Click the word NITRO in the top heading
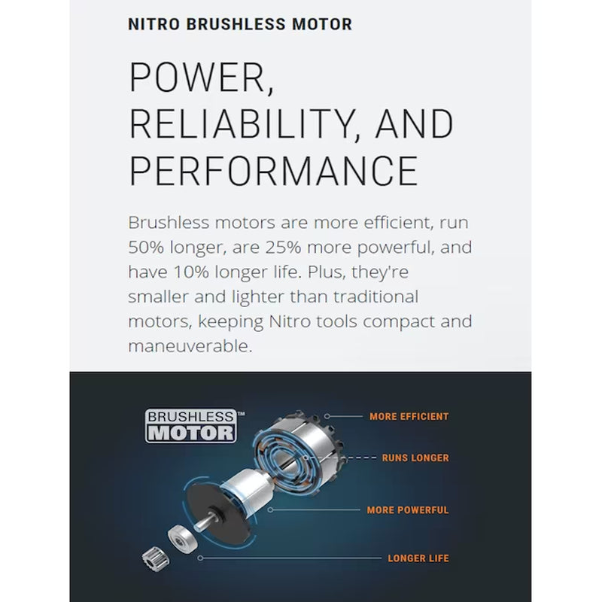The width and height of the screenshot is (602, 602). click(x=154, y=24)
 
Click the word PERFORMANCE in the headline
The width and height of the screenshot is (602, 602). click(x=274, y=171)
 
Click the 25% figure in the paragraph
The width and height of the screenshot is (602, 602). click(x=284, y=248)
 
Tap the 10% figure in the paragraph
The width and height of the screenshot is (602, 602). click(x=191, y=272)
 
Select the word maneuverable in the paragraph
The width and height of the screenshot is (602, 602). click(x=190, y=346)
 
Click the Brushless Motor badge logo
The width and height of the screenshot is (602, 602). click(x=191, y=425)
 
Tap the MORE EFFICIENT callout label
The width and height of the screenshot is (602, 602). click(x=409, y=417)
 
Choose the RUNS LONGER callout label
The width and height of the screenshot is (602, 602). click(x=415, y=458)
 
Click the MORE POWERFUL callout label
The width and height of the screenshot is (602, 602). click(x=408, y=510)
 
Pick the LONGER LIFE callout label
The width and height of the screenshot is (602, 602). click(x=418, y=558)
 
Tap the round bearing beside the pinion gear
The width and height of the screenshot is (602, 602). click(x=183, y=538)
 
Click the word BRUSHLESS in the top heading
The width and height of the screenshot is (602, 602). click(x=236, y=24)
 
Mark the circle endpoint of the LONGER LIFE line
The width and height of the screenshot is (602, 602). click(x=200, y=558)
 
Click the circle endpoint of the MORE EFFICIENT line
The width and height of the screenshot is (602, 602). click(x=327, y=416)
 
